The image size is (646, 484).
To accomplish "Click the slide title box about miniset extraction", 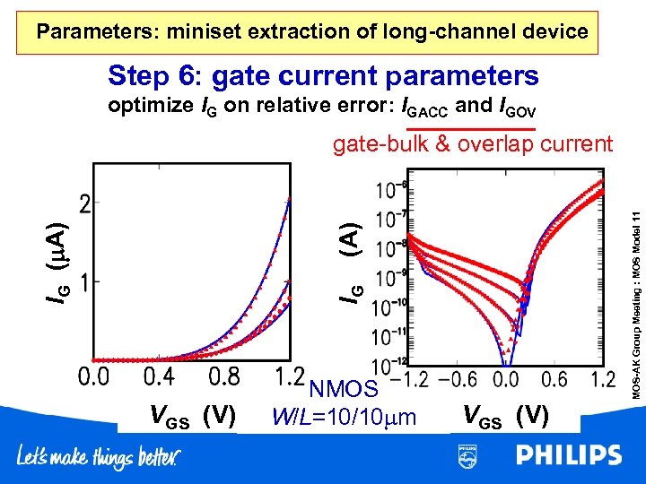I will pos(312,32).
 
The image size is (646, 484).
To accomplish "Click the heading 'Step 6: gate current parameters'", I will pos(323,76).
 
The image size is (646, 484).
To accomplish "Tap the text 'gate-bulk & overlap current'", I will pos(472,143).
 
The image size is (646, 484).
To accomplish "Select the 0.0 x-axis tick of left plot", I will pos(97,377).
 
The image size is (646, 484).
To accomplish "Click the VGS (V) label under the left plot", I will pos(192,416).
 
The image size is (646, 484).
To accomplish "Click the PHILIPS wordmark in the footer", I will pos(567,455).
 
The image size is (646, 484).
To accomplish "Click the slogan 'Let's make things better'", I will pos(99,457).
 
